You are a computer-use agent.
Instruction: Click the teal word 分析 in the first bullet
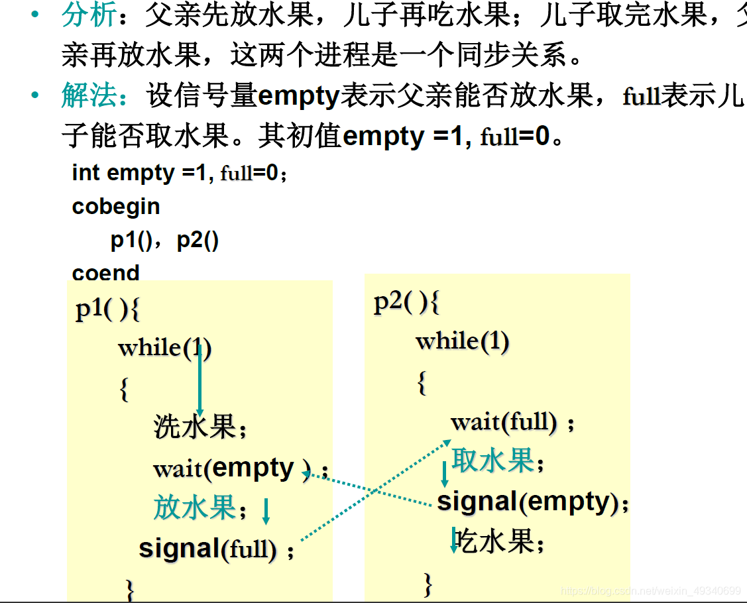(x=89, y=15)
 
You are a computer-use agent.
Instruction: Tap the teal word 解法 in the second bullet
(x=89, y=95)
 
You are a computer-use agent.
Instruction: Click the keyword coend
(x=106, y=273)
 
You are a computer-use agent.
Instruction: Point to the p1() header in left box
(x=107, y=309)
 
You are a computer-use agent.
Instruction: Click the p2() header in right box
(x=406, y=302)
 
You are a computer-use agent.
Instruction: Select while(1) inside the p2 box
(x=463, y=341)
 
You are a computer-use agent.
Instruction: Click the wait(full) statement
(x=512, y=423)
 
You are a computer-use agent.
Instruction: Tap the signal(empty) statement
(x=533, y=502)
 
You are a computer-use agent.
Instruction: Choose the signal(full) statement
(x=216, y=549)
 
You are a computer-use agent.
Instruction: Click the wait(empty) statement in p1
(x=241, y=468)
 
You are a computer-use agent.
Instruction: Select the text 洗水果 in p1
(x=200, y=426)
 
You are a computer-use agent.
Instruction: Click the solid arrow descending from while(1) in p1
(x=200, y=380)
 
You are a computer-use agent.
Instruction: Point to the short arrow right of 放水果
(x=266, y=512)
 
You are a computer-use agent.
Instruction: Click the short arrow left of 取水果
(x=445, y=474)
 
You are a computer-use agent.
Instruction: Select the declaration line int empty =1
(x=180, y=172)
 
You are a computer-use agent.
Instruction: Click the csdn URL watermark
(x=651, y=591)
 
